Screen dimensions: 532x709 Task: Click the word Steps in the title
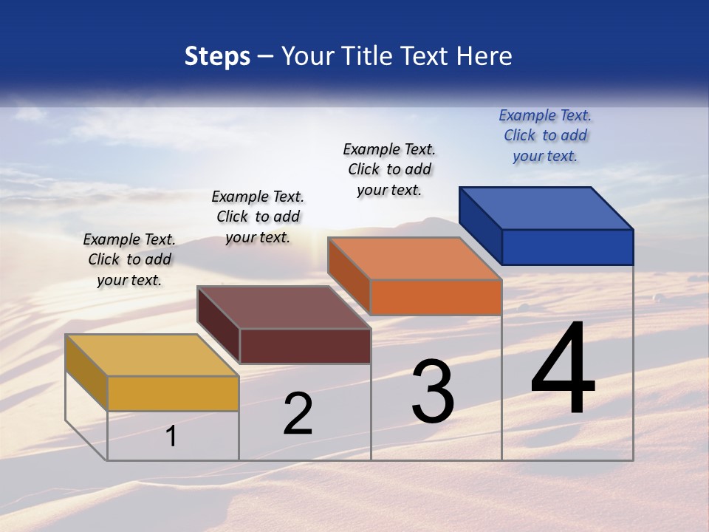(217, 56)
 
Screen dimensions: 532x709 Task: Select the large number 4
(563, 369)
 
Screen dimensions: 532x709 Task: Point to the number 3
(433, 392)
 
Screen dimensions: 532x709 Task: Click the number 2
(298, 414)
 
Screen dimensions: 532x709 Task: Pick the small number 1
(171, 437)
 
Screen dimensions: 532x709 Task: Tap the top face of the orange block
(414, 259)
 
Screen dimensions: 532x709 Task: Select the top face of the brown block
(284, 307)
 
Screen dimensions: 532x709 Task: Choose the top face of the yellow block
(152, 355)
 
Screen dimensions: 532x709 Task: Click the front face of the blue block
(567, 247)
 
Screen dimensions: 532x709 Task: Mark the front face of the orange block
(436, 297)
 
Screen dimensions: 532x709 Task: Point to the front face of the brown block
(305, 346)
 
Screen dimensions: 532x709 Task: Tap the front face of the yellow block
(173, 393)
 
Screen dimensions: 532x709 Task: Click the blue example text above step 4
(545, 135)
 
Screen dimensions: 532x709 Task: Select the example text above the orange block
(389, 169)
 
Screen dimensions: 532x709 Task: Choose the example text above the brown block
(258, 216)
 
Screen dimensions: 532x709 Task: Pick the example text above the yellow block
(129, 259)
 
